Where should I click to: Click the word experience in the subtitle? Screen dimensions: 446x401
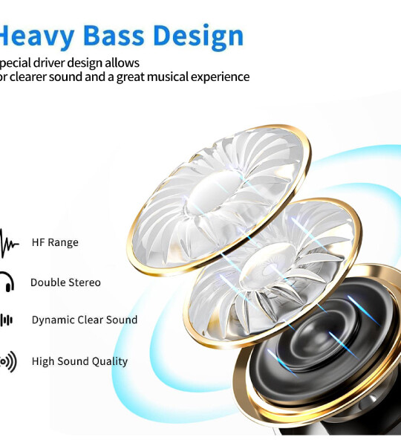(217, 77)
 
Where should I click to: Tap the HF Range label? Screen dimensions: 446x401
(55, 242)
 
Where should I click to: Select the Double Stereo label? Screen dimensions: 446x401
(65, 282)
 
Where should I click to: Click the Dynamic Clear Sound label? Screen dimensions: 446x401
(84, 320)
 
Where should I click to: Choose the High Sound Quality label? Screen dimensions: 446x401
(79, 361)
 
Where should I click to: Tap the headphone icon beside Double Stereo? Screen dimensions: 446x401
(6, 282)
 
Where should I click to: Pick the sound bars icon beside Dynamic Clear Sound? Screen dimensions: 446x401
(6, 320)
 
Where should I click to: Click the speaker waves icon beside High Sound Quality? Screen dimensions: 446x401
(7, 362)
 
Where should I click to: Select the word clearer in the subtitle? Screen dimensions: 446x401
(30, 77)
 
